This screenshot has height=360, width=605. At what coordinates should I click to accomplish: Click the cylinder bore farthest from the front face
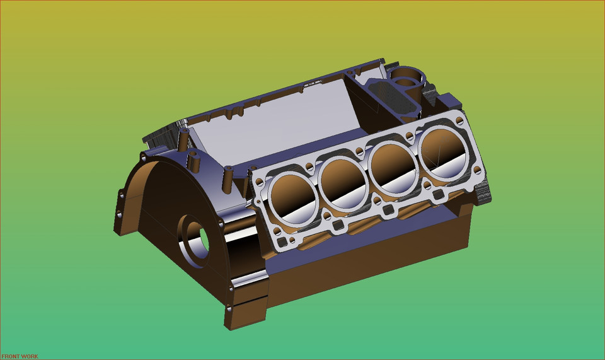pos(444,148)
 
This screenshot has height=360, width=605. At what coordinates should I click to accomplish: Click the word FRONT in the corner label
pos(10,356)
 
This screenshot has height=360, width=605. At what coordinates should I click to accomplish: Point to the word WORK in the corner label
pos(30,356)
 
